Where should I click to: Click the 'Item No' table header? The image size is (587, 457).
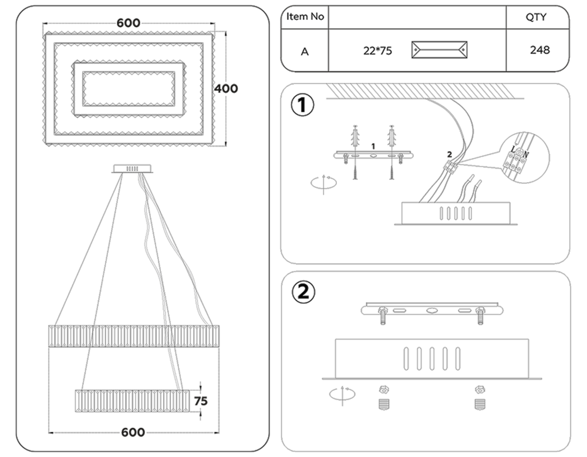pos(305,17)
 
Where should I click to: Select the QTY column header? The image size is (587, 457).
pos(535,17)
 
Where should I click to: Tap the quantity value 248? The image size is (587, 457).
pos(539,50)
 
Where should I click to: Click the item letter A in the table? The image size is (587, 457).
pos(305,51)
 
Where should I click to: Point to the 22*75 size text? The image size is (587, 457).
pos(377,51)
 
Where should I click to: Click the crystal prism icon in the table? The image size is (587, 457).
pos(440,50)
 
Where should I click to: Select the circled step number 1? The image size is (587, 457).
pos(303,106)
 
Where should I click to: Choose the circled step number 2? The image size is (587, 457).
pos(303,292)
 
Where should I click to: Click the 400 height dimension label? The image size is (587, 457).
pos(225,89)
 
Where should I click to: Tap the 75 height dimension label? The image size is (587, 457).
pos(201,401)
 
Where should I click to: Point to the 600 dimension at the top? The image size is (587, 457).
pos(128,23)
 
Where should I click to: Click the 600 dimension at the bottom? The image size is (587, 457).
pos(133,432)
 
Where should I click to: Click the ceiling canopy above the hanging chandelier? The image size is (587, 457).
pos(133,169)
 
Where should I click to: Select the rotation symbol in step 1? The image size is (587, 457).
pos(323,182)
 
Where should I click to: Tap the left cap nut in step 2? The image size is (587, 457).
pos(384,390)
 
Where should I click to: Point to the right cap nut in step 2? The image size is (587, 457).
pos(480,390)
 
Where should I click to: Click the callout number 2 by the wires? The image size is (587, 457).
pos(449,154)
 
